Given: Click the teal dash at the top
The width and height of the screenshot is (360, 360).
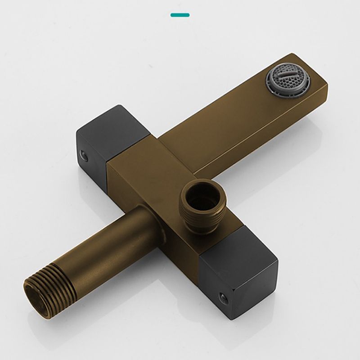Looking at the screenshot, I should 180,15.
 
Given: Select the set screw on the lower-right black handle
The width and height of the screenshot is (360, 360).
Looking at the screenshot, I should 222,297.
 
